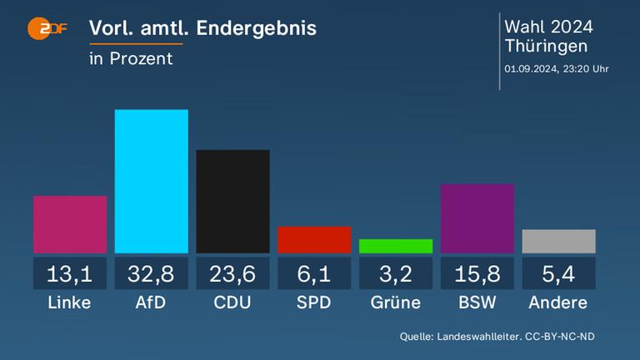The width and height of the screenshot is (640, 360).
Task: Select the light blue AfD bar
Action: pyautogui.click(x=151, y=181)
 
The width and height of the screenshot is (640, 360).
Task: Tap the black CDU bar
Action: pyautogui.click(x=232, y=201)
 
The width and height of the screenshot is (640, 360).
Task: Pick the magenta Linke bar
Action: pyautogui.click(x=70, y=224)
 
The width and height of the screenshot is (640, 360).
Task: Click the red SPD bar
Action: pyautogui.click(x=314, y=239)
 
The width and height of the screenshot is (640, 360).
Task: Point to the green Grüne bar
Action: pyautogui.click(x=396, y=246)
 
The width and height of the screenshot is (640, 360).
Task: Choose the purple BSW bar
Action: pyautogui.click(x=477, y=218)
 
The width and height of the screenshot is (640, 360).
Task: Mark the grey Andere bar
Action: pyautogui.click(x=558, y=241)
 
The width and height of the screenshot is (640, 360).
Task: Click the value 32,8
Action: pyautogui.click(x=151, y=273)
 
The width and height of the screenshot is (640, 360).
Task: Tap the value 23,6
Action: pyautogui.click(x=232, y=273)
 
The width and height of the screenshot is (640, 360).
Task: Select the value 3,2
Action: pyautogui.click(x=396, y=273)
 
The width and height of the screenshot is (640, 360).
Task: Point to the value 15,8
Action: pyautogui.click(x=477, y=273)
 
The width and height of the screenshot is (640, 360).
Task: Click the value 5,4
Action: pyautogui.click(x=558, y=273)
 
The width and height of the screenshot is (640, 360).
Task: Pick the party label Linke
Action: pyautogui.click(x=70, y=302)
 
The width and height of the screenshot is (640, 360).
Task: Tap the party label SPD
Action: pyautogui.click(x=314, y=302)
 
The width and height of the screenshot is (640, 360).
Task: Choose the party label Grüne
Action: pyautogui.click(x=396, y=302)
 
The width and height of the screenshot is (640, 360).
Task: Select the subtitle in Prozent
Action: pyautogui.click(x=131, y=58)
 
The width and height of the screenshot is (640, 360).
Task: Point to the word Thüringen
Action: pyautogui.click(x=546, y=47)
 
